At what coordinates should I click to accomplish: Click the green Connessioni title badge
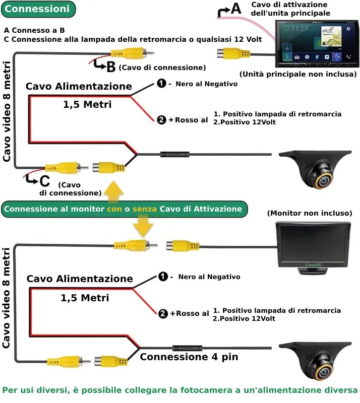37,9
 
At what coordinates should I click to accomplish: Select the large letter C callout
44,180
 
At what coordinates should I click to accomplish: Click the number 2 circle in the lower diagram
163,313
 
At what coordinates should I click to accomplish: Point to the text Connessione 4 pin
189,357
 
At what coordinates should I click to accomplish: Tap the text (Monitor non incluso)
309,214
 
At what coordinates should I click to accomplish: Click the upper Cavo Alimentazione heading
79,87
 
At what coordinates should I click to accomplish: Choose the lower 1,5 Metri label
85,298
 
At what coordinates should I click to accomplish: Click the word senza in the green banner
145,209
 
